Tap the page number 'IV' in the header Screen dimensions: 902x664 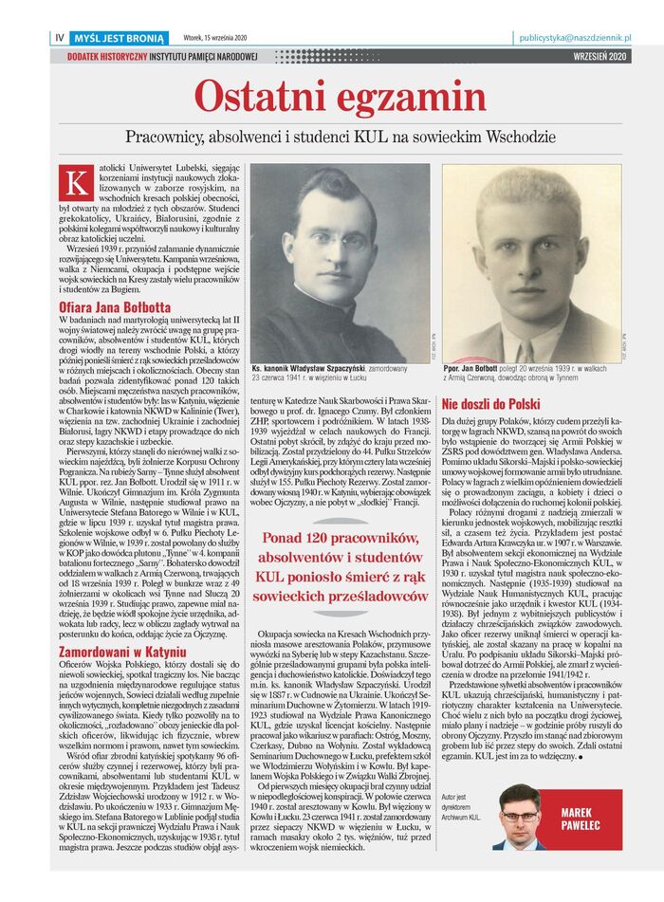(61, 38)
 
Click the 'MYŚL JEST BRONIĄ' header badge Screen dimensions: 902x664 (121, 38)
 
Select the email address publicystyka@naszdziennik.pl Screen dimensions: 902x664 (575, 38)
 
